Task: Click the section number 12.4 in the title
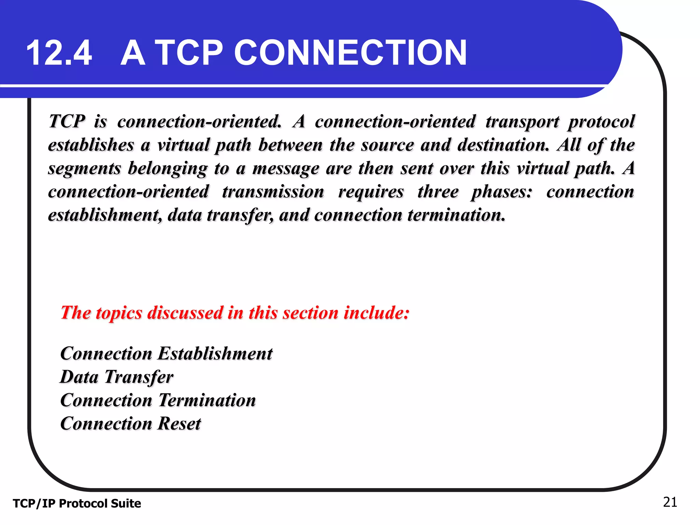[59, 53]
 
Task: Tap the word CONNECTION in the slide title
[350, 53]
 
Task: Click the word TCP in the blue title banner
[190, 53]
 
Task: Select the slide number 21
[670, 502]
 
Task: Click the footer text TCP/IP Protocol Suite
[77, 503]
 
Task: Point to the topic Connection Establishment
[166, 353]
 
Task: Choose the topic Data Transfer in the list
[117, 377]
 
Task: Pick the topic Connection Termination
[158, 400]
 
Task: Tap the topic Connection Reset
[131, 423]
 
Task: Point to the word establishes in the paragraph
[91, 145]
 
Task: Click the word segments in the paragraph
[84, 169]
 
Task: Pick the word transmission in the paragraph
[273, 191]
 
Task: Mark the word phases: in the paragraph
[502, 191]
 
